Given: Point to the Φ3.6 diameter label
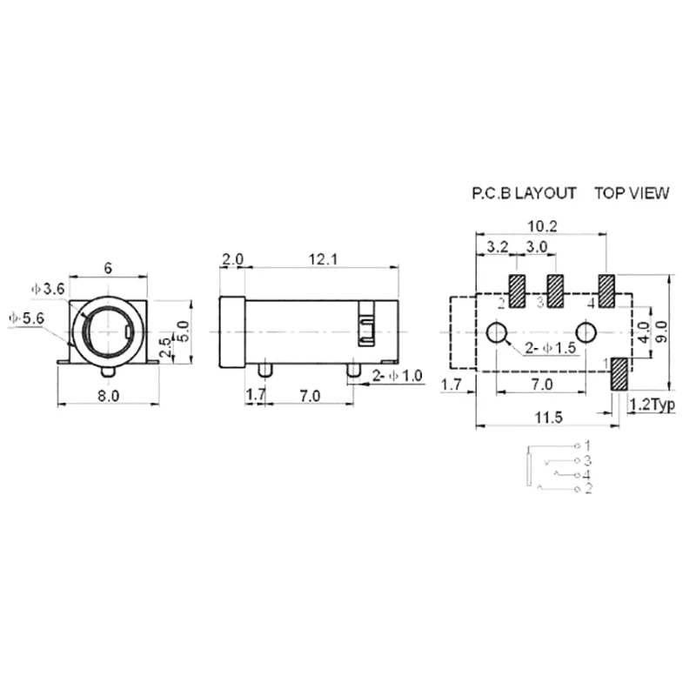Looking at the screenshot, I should [x=47, y=289].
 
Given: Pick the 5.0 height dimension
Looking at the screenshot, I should [x=183, y=331].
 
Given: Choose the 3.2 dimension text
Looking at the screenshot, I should [x=497, y=247].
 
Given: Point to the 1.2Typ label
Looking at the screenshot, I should [x=652, y=405].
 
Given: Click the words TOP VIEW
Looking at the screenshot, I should [x=632, y=193].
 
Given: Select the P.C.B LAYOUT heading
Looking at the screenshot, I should [x=523, y=193].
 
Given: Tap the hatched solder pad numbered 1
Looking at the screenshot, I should [x=620, y=373].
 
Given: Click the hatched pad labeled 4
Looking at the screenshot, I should [x=606, y=291].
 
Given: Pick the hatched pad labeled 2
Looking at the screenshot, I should [x=517, y=291].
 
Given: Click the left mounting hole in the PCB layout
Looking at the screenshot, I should [x=499, y=332].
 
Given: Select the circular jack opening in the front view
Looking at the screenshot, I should [x=105, y=332].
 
